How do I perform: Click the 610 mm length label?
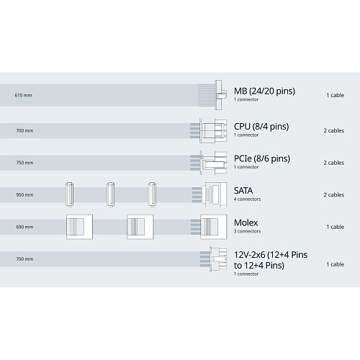click(23, 95)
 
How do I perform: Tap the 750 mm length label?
click(24, 163)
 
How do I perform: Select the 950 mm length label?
click(24, 195)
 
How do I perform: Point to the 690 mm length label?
click(24, 227)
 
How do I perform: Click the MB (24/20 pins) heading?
click(264, 91)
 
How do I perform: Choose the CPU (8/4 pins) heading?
click(261, 127)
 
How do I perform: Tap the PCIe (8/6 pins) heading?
click(262, 158)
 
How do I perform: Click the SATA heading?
click(243, 191)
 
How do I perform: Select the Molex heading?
click(246, 222)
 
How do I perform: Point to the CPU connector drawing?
click(213, 130)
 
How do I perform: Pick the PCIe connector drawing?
click(213, 163)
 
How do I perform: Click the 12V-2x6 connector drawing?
click(218, 259)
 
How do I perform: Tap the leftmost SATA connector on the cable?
click(70, 194)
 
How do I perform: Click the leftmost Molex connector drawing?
click(79, 227)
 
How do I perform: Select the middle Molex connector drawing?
click(140, 227)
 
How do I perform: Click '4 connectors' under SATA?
click(247, 199)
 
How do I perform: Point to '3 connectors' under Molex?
click(247, 231)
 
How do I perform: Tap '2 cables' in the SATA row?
click(333, 195)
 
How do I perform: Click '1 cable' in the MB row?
click(336, 95)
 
